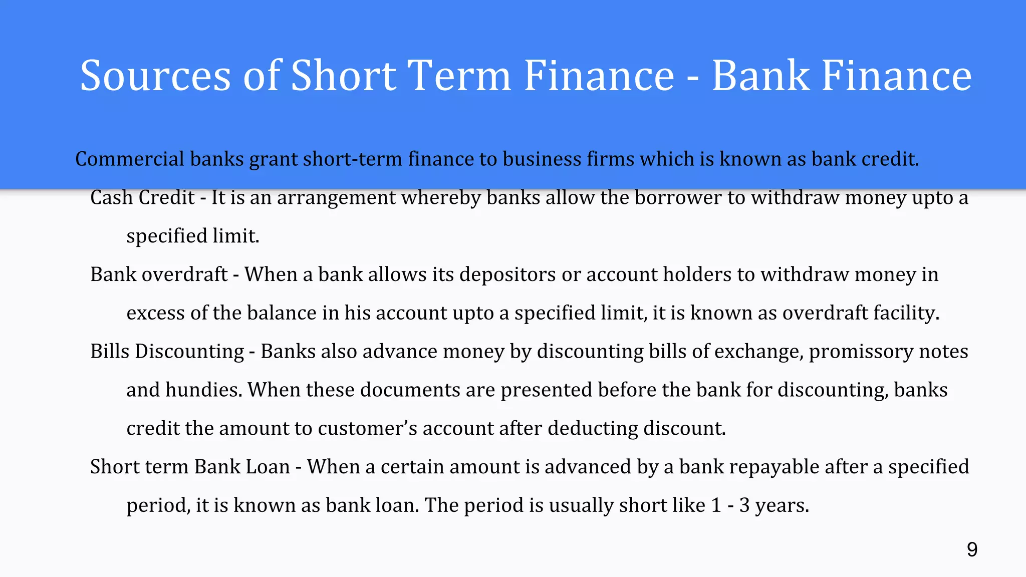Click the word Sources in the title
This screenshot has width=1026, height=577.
coord(155,76)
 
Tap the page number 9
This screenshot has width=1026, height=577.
coord(972,550)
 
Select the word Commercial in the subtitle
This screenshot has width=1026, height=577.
coord(130,159)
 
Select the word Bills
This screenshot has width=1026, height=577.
coord(110,352)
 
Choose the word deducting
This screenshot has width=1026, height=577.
coord(592,429)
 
